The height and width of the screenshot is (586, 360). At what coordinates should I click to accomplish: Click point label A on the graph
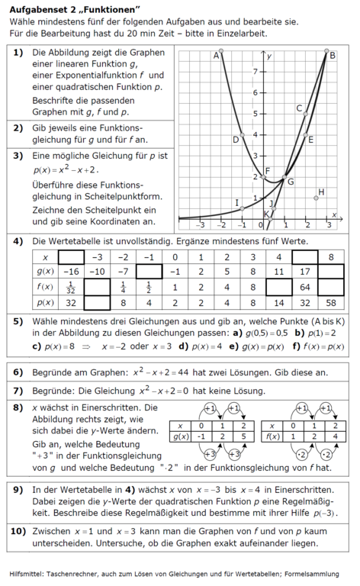pyautogui.click(x=216, y=55)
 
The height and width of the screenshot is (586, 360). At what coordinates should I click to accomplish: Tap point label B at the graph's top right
pyautogui.click(x=332, y=54)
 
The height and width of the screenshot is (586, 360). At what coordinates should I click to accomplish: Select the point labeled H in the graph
pyautogui.click(x=321, y=192)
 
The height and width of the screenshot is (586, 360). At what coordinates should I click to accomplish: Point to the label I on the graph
pyautogui.click(x=237, y=202)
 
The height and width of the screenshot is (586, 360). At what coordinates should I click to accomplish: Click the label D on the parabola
pyautogui.click(x=236, y=140)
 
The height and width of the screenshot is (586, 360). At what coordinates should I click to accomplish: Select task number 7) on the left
pyautogui.click(x=18, y=390)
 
